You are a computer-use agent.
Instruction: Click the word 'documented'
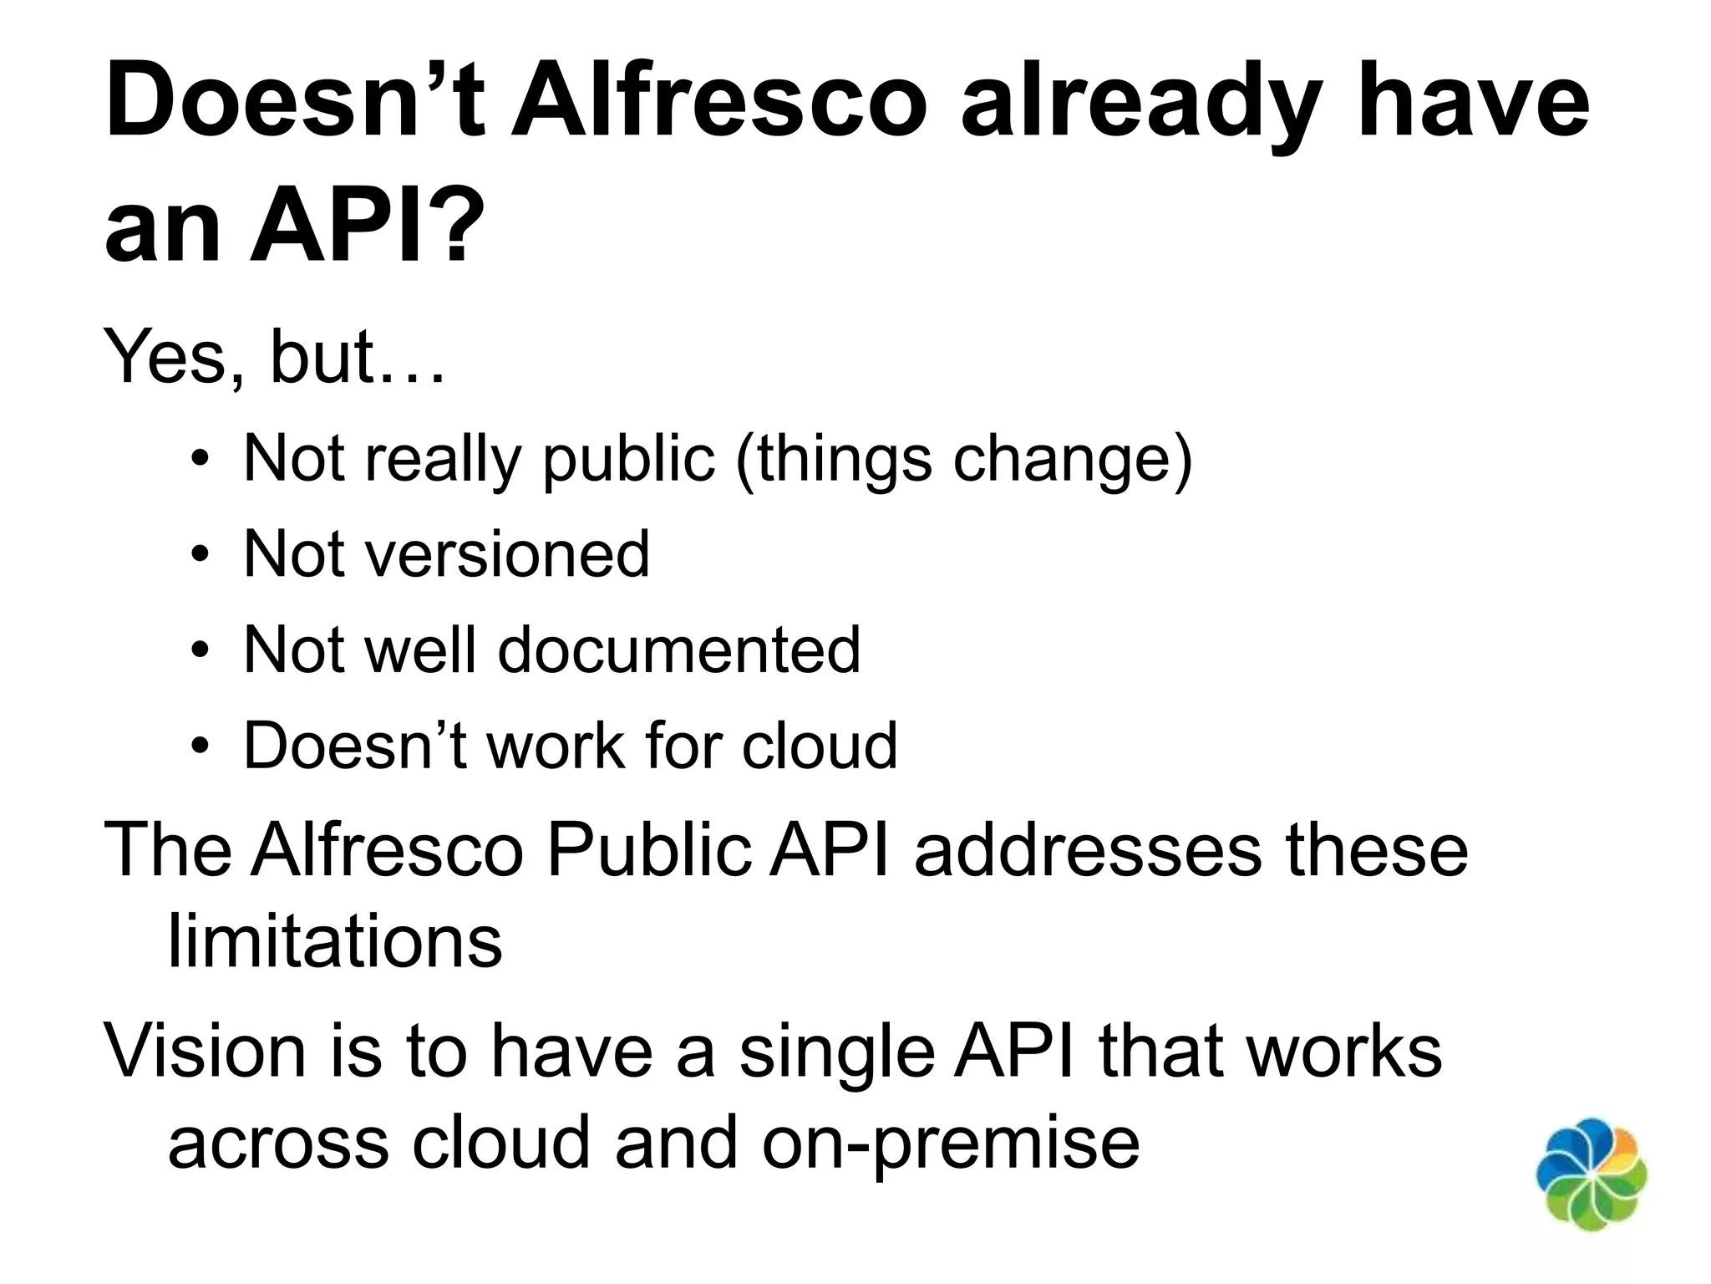(x=678, y=650)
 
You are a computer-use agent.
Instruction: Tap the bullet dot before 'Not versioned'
(x=199, y=555)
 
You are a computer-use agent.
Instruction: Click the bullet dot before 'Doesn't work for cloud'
(x=199, y=746)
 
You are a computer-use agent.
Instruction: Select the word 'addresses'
(x=1088, y=850)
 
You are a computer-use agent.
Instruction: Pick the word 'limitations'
(x=335, y=942)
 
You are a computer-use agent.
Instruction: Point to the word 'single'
(x=836, y=1052)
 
